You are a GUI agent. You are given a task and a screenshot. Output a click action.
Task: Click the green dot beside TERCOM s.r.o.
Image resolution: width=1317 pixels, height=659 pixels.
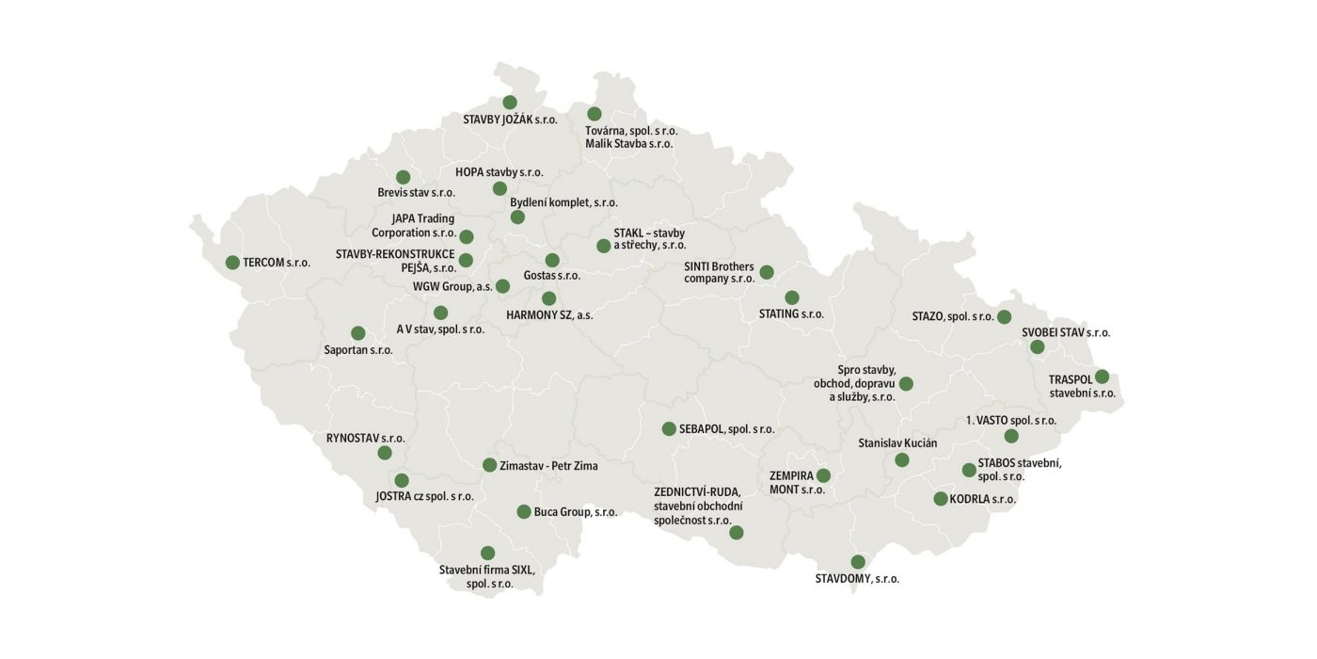coord(232,263)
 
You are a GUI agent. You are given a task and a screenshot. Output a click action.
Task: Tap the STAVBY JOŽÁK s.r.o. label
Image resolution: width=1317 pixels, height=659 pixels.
coord(510,120)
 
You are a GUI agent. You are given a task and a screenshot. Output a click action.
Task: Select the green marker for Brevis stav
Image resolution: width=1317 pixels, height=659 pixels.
coord(404,177)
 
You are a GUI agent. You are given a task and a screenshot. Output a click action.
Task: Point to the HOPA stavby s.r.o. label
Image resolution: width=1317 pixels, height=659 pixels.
coord(499,172)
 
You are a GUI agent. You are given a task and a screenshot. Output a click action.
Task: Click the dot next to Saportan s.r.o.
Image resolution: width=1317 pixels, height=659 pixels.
coord(358,333)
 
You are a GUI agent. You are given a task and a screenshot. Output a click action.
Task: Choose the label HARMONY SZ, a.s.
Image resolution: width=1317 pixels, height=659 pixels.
coord(549,315)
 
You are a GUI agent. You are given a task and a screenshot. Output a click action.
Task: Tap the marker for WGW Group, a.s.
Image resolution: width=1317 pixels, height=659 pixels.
coord(502,285)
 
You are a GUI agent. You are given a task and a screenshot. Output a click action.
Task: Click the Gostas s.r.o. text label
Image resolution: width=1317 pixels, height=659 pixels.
coord(552,276)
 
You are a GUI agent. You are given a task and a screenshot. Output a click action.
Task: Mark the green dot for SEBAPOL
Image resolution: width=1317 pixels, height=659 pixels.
coord(669,428)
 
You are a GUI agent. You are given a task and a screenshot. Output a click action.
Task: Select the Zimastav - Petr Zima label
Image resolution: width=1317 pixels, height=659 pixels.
coord(548,465)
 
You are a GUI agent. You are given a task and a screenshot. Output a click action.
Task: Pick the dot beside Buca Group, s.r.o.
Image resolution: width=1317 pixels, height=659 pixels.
coord(524,512)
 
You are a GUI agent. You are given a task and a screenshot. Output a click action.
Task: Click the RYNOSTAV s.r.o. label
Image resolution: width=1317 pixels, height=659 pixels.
coord(366,438)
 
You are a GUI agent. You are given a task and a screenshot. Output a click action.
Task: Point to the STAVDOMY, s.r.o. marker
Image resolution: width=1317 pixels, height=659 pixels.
coord(858,562)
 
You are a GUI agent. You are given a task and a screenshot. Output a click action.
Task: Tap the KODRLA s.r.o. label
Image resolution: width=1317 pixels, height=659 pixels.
coord(983,499)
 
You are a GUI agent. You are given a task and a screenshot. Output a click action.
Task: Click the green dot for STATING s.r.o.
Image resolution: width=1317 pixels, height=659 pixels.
coord(792,297)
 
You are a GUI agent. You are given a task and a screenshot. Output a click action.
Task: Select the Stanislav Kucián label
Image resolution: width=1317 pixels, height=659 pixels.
coord(897,442)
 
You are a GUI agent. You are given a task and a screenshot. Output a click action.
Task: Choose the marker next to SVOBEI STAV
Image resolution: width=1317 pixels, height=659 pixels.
coord(1038,347)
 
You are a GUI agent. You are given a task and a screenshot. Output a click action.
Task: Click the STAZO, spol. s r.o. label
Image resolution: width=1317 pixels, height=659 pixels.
coord(953,316)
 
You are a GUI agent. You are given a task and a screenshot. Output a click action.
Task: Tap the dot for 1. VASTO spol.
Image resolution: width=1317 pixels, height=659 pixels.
coord(1011,436)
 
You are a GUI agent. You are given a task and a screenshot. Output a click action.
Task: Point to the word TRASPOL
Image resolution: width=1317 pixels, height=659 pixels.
coord(1071,379)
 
